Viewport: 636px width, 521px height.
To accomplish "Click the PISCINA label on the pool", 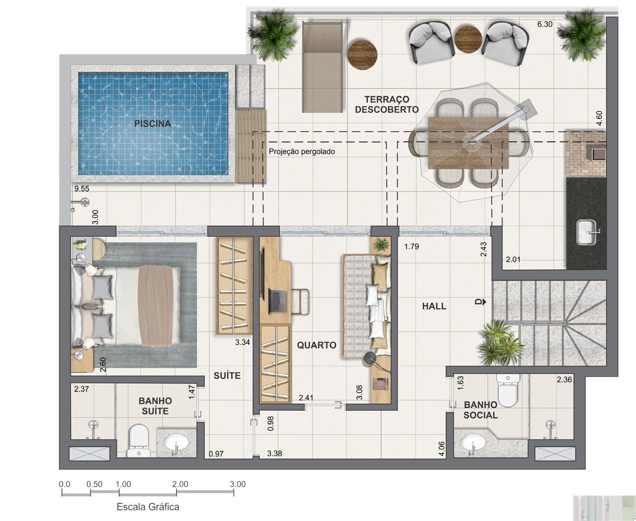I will tap(152, 124).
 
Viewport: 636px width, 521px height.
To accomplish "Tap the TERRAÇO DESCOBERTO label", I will tap(387, 104).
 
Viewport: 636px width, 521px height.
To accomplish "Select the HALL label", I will tap(434, 306).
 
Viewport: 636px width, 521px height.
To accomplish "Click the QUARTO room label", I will tap(317, 345).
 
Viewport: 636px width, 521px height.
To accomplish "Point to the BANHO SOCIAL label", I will tap(481, 410).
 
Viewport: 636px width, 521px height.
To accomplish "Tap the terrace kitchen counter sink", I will tap(588, 232).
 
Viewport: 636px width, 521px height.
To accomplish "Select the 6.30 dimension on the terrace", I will tap(545, 24).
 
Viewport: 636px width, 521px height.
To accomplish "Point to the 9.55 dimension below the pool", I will tap(82, 189).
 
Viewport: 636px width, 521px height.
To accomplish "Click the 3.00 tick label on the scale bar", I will tap(238, 484).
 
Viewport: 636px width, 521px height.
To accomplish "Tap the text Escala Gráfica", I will tap(148, 507).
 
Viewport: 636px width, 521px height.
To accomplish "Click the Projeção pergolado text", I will tap(302, 151).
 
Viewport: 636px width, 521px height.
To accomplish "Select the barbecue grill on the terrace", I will tap(586, 153).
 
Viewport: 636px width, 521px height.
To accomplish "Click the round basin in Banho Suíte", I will tap(176, 443).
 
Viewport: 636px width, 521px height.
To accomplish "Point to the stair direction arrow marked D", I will tap(481, 302).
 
